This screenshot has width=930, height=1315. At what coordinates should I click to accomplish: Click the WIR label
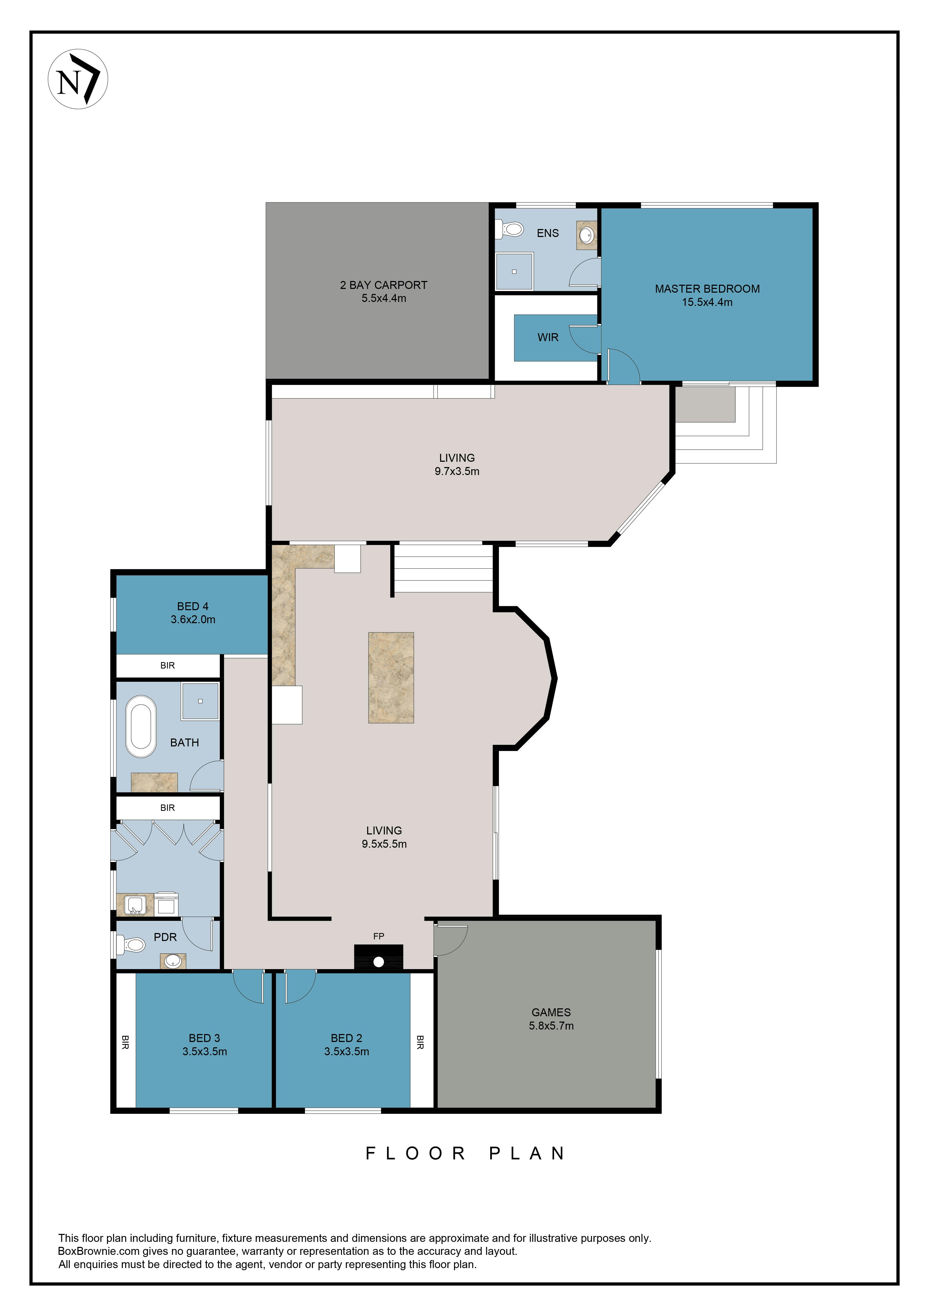coord(547,337)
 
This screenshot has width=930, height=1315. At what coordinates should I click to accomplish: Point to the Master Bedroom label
coord(707,289)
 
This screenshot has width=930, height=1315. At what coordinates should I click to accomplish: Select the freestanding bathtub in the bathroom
coord(141,726)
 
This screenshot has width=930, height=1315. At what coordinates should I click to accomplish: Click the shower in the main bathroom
coord(200,701)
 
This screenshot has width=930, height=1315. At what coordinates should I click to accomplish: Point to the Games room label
coord(551,1012)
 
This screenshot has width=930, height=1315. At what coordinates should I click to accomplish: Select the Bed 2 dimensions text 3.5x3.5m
coord(346,1052)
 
